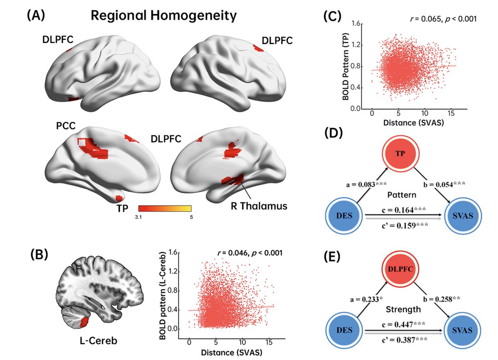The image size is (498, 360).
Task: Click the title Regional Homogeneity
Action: (x=164, y=16)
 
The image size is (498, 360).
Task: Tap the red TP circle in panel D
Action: (x=400, y=154)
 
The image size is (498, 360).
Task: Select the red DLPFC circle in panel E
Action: (x=400, y=269)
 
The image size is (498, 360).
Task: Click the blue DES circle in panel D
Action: (x=344, y=216)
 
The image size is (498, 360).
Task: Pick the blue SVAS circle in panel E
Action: (x=462, y=330)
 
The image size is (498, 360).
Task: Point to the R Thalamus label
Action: (x=259, y=206)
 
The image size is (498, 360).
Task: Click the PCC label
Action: (x=66, y=126)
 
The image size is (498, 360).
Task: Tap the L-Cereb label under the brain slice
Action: (x=98, y=340)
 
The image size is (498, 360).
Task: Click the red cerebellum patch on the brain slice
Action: (x=84, y=322)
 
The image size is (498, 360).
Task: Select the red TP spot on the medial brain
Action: (x=119, y=198)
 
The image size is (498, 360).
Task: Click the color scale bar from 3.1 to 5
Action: (x=165, y=208)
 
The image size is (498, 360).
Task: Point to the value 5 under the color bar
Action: (x=191, y=217)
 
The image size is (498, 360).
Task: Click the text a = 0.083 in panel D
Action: (x=361, y=184)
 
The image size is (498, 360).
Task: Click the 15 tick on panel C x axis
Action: (x=451, y=113)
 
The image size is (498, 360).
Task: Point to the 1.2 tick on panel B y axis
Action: (x=173, y=272)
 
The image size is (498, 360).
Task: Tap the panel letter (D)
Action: (x=334, y=133)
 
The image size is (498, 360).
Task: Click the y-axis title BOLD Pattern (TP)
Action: (x=345, y=67)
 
